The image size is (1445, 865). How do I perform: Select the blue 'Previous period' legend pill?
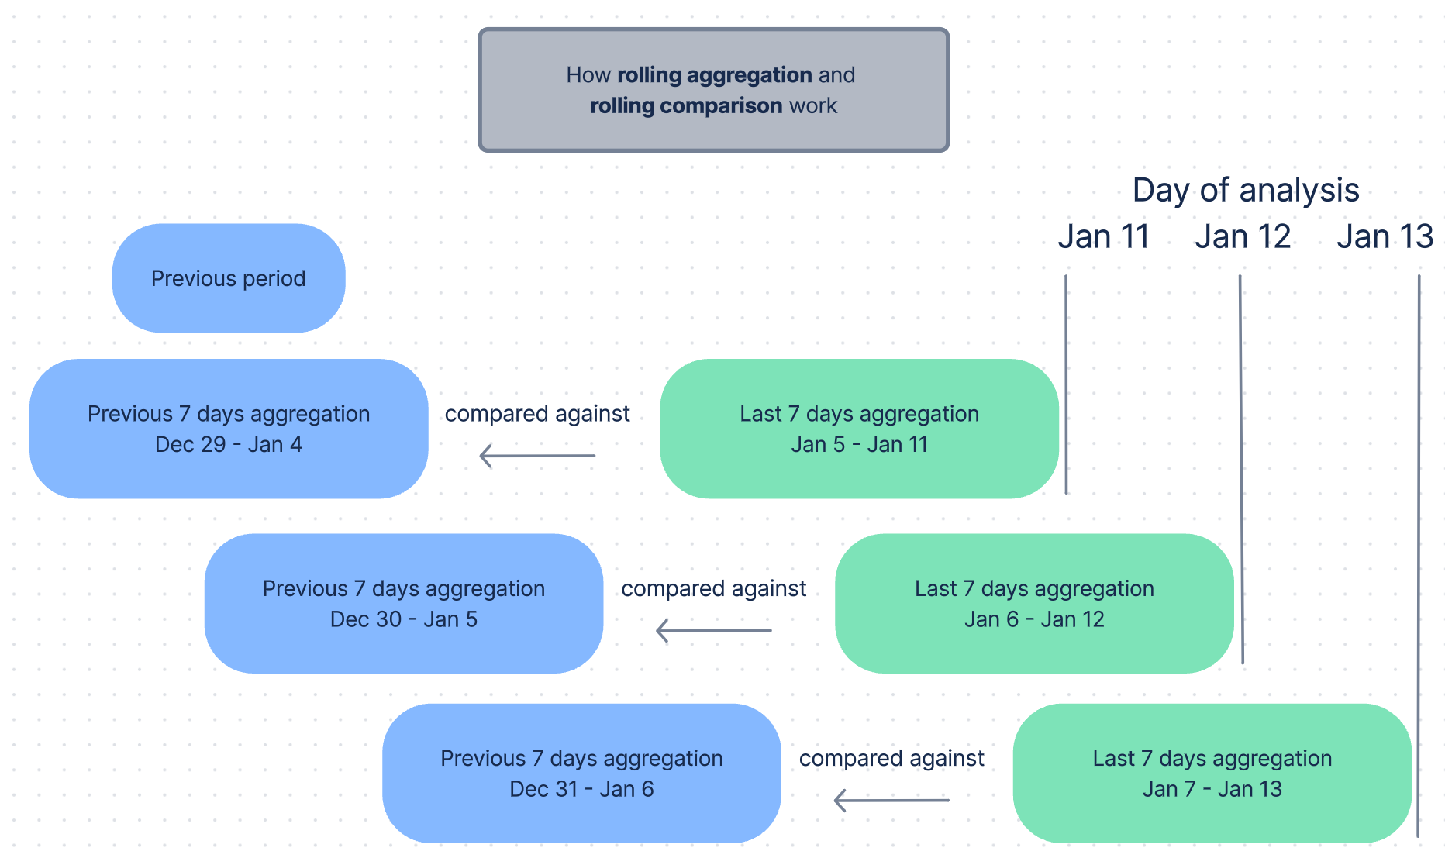tap(229, 278)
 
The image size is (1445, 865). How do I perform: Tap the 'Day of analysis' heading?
tap(1246, 190)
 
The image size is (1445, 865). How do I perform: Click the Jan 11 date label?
tap(1103, 236)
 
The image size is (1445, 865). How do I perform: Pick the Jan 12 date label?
tap(1243, 236)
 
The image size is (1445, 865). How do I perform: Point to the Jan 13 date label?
tap(1385, 236)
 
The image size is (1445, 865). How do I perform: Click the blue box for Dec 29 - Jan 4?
tap(229, 429)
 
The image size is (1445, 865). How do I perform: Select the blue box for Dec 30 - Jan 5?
tap(403, 603)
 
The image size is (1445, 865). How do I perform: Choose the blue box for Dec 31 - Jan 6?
tap(581, 773)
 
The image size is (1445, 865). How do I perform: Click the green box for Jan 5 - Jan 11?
tap(859, 429)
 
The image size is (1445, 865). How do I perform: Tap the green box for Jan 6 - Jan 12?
tap(1034, 603)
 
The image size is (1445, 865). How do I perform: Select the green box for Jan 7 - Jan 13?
tap(1212, 773)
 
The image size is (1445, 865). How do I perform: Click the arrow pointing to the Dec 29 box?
tap(537, 456)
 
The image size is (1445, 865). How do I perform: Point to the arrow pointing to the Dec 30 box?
tap(713, 630)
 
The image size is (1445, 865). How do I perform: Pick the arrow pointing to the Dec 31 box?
tap(891, 800)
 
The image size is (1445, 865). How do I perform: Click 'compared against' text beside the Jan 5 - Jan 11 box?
tap(537, 414)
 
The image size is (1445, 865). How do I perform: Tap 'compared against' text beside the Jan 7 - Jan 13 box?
tap(891, 758)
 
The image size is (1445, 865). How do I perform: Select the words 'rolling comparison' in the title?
tap(686, 105)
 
